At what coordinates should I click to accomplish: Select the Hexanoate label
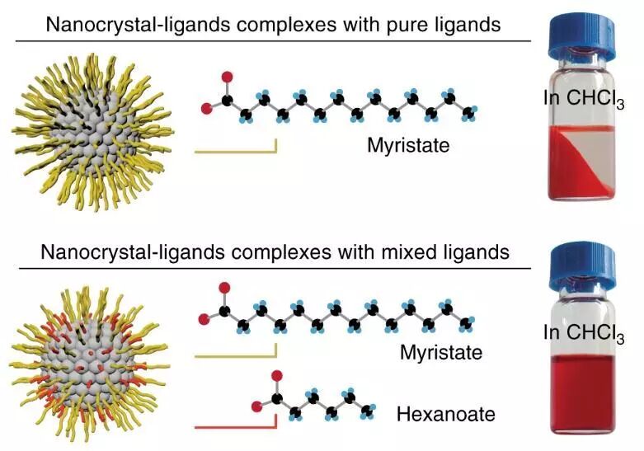445,413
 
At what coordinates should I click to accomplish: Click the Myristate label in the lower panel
440,353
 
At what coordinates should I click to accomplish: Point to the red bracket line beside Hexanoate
235,426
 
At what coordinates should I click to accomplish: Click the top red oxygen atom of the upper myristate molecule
228,77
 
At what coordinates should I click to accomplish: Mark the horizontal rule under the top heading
272,40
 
